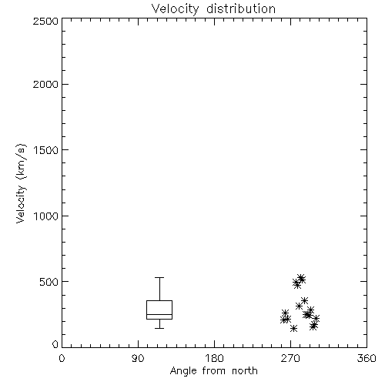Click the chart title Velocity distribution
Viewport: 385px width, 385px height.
pos(213,9)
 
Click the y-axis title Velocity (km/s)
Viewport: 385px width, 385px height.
pos(21,183)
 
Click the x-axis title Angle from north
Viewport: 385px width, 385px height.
pos(213,371)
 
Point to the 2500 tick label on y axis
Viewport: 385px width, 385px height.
pos(45,21)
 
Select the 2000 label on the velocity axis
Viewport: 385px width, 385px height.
pos(45,84)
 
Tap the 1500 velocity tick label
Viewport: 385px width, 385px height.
pos(46,150)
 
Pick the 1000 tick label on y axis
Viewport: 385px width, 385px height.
pos(46,216)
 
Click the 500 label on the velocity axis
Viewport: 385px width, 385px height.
pos(49,282)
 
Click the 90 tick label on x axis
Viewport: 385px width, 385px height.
pos(138,358)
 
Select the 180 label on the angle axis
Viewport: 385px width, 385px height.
pos(214,358)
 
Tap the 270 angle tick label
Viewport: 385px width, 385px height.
pos(290,358)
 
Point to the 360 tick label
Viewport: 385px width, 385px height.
pos(367,358)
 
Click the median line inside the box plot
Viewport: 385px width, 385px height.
pos(159,314)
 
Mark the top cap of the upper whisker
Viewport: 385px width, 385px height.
pos(159,277)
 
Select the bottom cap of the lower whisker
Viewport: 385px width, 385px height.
pos(159,328)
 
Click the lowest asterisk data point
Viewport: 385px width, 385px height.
pos(294,328)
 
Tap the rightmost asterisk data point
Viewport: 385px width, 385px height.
pos(316,319)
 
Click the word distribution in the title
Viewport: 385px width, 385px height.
pos(241,9)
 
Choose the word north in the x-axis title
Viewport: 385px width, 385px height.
pos(245,371)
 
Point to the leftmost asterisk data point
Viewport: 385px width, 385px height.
pos(283,320)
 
